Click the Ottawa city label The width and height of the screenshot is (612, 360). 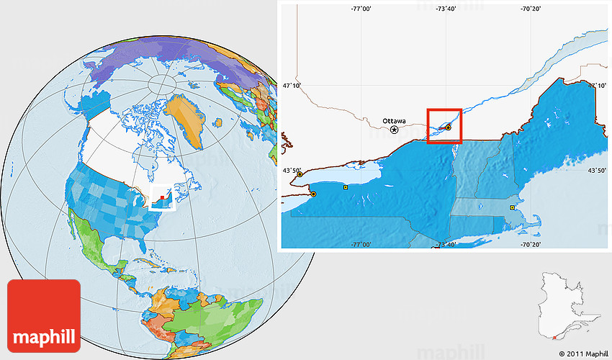394,120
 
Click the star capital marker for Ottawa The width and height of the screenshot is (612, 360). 395,130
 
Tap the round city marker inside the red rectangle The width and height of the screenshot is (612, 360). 449,127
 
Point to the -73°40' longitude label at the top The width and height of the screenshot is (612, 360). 446,9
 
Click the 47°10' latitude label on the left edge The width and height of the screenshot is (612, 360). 292,86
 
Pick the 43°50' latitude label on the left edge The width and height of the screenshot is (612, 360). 292,171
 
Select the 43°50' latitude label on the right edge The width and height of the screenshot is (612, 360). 597,171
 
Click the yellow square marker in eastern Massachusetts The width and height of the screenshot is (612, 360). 512,207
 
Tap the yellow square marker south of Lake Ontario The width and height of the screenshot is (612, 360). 346,187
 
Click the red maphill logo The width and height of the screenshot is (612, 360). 44,315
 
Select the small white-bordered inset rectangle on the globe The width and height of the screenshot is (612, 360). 162,197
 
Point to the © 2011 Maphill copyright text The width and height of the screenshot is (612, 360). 582,354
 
